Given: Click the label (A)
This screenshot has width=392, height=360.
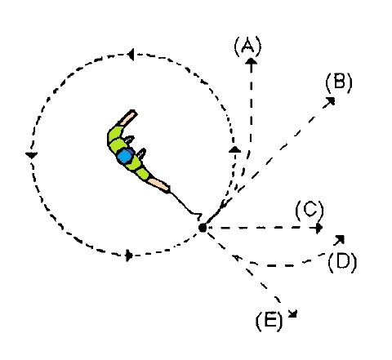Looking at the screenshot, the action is point(247,46).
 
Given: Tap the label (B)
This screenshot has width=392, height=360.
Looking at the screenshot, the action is point(339,82).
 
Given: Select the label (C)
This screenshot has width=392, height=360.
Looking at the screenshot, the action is point(310,211).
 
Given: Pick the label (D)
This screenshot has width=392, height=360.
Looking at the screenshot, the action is point(342,263).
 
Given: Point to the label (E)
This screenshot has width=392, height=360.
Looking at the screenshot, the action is point(269,321).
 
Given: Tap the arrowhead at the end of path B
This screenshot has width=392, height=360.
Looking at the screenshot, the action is point(330,101).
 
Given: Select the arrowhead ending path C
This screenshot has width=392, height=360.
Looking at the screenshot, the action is point(319,228).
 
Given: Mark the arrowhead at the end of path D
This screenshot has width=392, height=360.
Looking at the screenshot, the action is point(340,239).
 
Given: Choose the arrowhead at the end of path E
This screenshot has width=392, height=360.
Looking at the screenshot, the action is point(293,313).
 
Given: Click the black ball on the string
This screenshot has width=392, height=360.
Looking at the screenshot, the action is point(203,227).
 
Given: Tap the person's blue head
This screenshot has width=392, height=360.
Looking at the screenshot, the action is point(125,156).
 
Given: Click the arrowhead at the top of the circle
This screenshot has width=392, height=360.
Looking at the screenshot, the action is point(131,55).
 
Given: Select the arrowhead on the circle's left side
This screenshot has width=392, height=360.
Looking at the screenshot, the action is point(31,155).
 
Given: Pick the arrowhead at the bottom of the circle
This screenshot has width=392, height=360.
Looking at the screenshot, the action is point(129,256).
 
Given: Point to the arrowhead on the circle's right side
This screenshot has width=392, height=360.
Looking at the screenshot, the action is point(234,149).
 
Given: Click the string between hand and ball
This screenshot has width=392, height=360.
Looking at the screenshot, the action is point(186,204).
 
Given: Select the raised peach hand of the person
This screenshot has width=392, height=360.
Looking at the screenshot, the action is point(127,118).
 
